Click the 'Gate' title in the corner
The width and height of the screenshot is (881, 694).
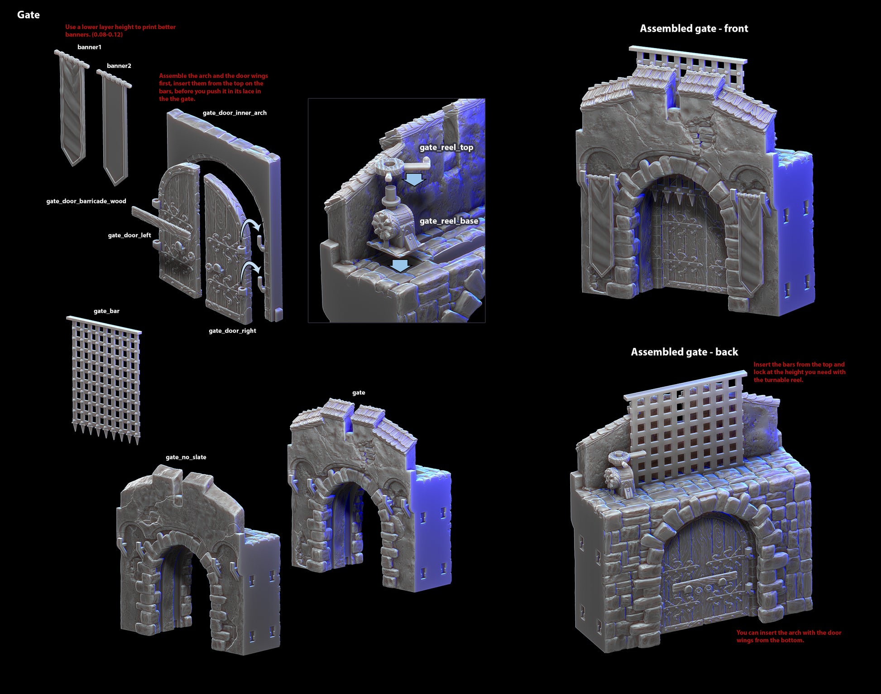pyautogui.click(x=29, y=15)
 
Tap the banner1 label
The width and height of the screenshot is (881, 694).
pyautogui.click(x=89, y=47)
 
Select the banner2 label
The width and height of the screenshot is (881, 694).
pyautogui.click(x=119, y=66)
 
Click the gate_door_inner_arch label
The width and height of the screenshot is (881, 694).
pyautogui.click(x=235, y=113)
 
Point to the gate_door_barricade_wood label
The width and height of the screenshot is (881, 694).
pyautogui.click(x=86, y=201)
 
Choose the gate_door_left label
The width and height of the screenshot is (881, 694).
pyautogui.click(x=129, y=235)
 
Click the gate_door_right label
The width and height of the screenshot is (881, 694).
pyautogui.click(x=232, y=331)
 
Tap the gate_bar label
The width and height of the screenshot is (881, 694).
pyautogui.click(x=106, y=311)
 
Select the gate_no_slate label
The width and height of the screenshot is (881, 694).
pyautogui.click(x=186, y=457)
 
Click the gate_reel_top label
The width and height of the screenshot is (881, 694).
pyautogui.click(x=446, y=147)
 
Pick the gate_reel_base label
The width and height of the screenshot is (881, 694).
pyautogui.click(x=449, y=221)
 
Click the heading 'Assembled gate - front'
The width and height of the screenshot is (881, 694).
pyautogui.click(x=694, y=29)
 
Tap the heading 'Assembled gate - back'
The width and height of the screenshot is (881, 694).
pyautogui.click(x=685, y=352)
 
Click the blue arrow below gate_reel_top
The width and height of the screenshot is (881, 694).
pyautogui.click(x=414, y=179)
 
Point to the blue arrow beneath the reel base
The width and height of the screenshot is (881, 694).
pyautogui.click(x=400, y=266)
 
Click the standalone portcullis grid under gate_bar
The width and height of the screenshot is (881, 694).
pyautogui.click(x=105, y=380)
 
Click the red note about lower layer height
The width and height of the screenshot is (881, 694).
pyautogui.click(x=120, y=31)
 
